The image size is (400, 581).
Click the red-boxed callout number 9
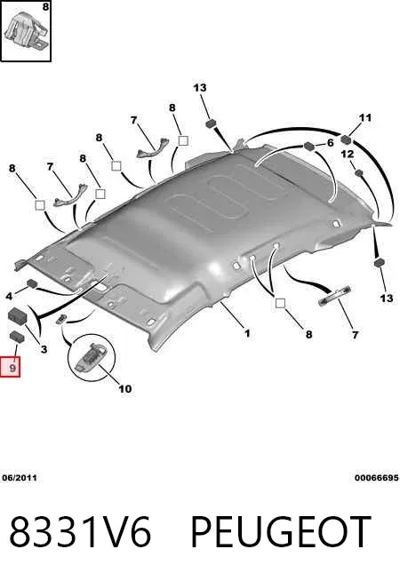pyautogui.click(x=12, y=368)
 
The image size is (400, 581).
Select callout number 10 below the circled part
pyautogui.click(x=125, y=389)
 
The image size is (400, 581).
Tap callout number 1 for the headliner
pyautogui.click(x=247, y=333)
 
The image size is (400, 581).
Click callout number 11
pyautogui.click(x=365, y=118)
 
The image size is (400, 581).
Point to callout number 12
pyautogui.click(x=347, y=154)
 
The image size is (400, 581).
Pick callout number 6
pyautogui.click(x=330, y=143)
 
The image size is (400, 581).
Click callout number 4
pyautogui.click(x=9, y=296)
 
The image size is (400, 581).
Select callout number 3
pyautogui.click(x=44, y=348)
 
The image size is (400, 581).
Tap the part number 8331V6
pyautogui.click(x=80, y=531)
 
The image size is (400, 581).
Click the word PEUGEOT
pyautogui.click(x=281, y=531)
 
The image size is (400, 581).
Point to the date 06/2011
pyautogui.click(x=20, y=478)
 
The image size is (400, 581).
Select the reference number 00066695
pyautogui.click(x=376, y=478)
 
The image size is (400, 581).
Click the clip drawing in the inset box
pyautogui.click(x=25, y=30)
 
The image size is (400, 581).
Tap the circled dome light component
pyautogui.click(x=91, y=357)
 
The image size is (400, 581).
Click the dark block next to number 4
pyautogui.click(x=32, y=283)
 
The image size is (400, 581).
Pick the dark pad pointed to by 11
pyautogui.click(x=347, y=139)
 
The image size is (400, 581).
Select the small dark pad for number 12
pyautogui.click(x=358, y=172)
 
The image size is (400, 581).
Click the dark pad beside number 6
pyautogui.click(x=308, y=147)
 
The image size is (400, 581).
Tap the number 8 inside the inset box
pyautogui.click(x=45, y=7)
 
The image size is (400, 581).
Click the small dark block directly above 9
pyautogui.click(x=17, y=336)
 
